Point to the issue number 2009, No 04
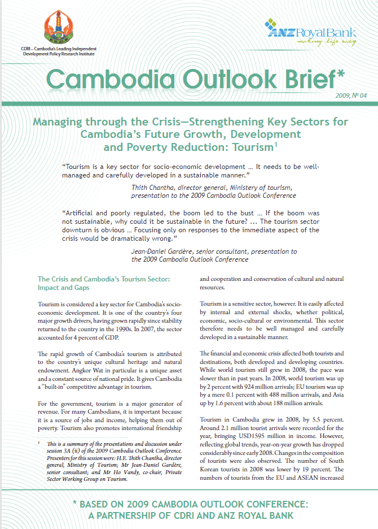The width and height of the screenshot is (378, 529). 351,96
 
